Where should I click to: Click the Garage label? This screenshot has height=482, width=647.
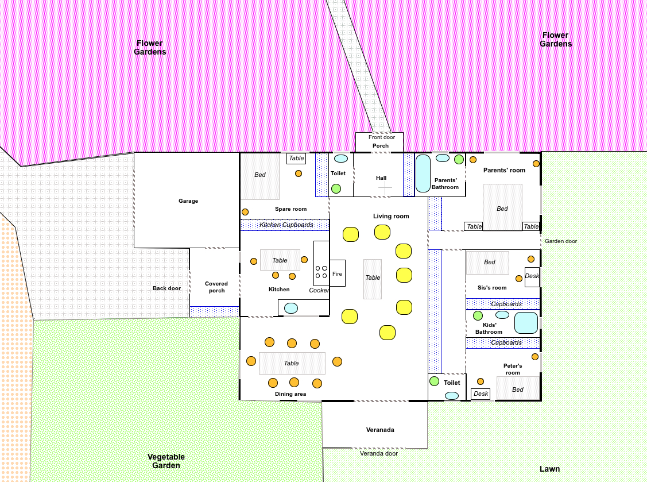(x=188, y=200)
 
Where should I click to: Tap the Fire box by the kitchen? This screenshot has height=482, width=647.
(x=337, y=273)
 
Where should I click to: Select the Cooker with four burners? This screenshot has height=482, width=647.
(x=321, y=264)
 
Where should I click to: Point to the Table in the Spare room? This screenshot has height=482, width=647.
(x=296, y=158)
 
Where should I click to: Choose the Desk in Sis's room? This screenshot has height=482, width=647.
(x=532, y=276)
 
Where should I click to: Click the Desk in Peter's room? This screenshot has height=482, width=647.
(x=481, y=394)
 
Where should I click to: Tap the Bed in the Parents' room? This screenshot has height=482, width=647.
(x=502, y=207)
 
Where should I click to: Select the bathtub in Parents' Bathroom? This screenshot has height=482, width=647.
(x=423, y=173)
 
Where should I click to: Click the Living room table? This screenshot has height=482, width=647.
(x=373, y=279)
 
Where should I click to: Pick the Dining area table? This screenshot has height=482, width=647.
(x=292, y=363)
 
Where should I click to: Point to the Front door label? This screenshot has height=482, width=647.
(x=382, y=137)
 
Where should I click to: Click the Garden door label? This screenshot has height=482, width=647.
(x=561, y=241)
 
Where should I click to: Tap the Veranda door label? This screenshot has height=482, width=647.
(x=379, y=453)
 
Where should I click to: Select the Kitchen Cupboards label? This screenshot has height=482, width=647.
(x=286, y=225)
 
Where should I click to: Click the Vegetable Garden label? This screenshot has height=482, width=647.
(x=166, y=461)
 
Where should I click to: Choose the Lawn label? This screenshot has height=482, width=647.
(x=549, y=469)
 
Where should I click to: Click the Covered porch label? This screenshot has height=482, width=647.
(x=216, y=287)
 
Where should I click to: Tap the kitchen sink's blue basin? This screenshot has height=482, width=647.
(x=291, y=308)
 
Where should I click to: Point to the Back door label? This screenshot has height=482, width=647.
(x=166, y=288)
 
